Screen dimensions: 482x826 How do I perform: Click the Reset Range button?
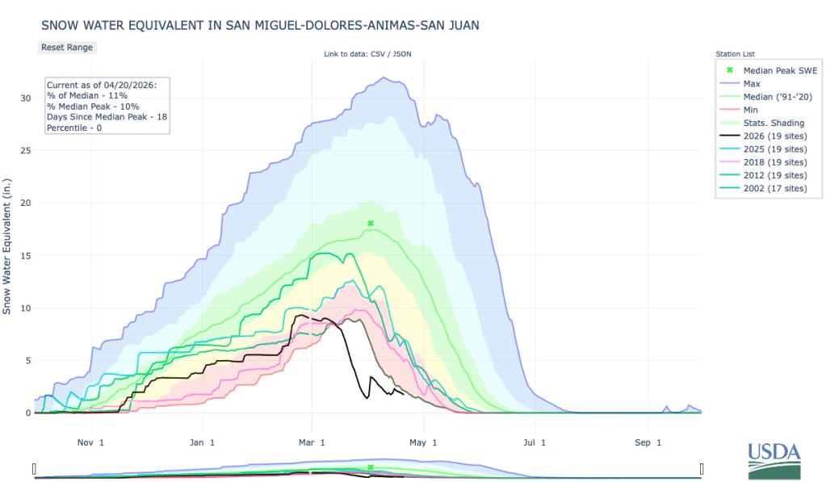click(x=67, y=47)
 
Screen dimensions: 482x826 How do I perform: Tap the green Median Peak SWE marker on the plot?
click(x=371, y=223)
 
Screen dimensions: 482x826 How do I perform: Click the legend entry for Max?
click(x=751, y=83)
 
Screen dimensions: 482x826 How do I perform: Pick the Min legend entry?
click(x=750, y=109)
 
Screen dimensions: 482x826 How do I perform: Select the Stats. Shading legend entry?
click(x=774, y=123)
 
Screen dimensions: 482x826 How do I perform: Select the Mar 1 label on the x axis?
click(x=311, y=442)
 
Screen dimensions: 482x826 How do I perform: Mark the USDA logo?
click(x=774, y=459)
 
